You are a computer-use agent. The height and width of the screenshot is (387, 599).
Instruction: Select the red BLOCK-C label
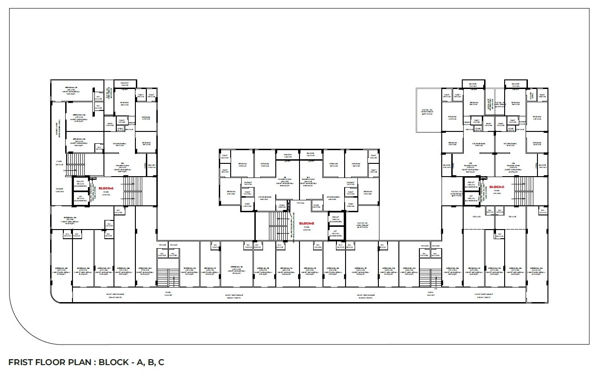496,187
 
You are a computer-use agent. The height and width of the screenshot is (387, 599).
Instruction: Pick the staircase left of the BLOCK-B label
276,225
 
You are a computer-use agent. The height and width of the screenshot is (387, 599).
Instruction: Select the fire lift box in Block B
336,219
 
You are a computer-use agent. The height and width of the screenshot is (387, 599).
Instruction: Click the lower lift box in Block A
80,198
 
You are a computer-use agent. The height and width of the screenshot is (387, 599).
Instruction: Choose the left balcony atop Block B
288,155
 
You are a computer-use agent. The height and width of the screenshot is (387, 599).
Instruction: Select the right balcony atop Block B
310,155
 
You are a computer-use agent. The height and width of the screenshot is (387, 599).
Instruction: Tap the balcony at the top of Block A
124,84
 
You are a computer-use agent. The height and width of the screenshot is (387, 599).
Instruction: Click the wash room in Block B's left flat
248,205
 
